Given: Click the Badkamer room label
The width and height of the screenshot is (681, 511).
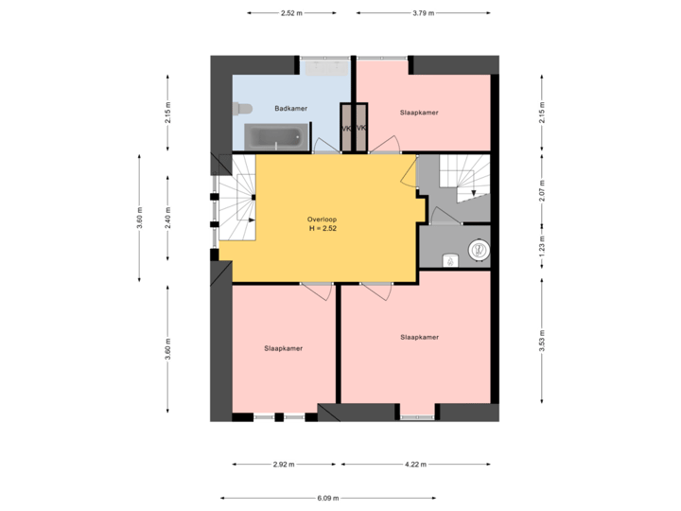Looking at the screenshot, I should tap(290, 109).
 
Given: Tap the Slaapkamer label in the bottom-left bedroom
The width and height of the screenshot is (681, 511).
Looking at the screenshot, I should tap(283, 348).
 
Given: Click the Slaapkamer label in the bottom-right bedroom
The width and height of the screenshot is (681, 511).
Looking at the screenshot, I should tap(419, 337).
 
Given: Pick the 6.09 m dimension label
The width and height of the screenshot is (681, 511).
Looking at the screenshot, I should tap(327, 498).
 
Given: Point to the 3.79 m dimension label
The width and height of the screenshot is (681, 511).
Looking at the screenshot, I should tap(423, 13).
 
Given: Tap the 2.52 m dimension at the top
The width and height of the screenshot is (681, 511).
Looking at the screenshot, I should tap(291, 13).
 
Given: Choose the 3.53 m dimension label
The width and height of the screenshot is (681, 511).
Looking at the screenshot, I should tap(542, 339).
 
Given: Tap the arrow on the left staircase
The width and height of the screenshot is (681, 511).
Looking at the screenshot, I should tap(252, 220).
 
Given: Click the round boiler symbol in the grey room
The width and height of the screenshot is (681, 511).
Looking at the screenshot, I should tap(479, 251).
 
